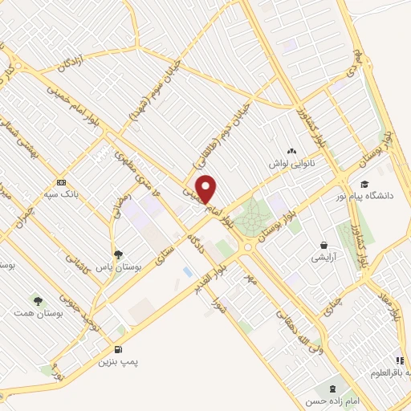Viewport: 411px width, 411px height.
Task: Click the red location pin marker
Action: (206, 189)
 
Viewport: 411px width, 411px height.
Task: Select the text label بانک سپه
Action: (60, 195)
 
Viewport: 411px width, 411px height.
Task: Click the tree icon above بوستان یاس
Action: (119, 254)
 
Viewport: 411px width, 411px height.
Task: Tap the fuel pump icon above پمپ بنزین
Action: (119, 349)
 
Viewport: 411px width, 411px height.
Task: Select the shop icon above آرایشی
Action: (324, 245)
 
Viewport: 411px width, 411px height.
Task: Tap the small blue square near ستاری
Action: (187, 273)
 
